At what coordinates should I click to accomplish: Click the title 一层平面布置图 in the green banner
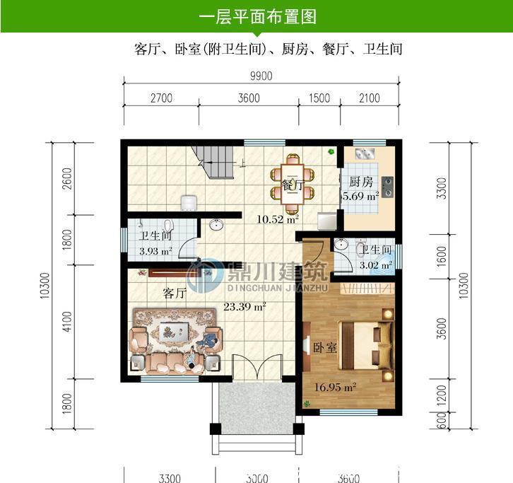[256, 16]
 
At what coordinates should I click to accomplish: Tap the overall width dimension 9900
[260, 76]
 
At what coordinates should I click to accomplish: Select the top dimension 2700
[161, 98]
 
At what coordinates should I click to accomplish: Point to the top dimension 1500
[319, 98]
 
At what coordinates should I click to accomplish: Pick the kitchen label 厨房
[360, 181]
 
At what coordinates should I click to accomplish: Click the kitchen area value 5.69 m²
[360, 196]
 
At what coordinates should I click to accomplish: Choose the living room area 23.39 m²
[244, 306]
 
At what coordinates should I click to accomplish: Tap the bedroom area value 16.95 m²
[336, 386]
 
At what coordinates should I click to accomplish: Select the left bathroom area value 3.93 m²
[155, 250]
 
